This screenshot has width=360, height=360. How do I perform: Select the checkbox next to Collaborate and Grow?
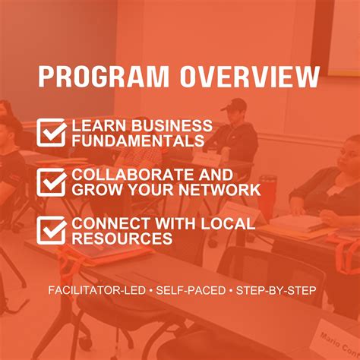pos(52,182)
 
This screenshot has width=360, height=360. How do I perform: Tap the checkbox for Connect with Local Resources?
pos(52,230)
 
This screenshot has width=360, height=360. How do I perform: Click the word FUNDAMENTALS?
pos(137,141)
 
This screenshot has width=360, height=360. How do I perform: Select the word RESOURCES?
pos(122,238)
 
